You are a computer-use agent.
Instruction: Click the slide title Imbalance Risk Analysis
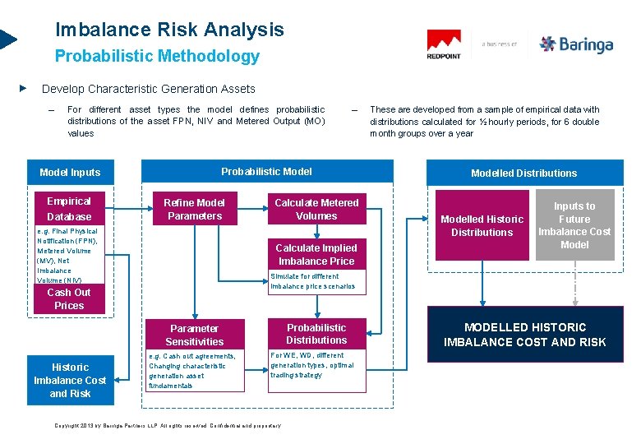169,30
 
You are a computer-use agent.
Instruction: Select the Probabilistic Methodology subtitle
157,57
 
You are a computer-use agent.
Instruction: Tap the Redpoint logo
444,44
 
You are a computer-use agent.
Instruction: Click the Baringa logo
576,44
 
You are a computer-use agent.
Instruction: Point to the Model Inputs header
70,172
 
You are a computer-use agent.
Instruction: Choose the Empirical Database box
69,209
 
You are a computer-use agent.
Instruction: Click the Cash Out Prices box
69,299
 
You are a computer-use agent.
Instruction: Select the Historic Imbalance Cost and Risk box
70,380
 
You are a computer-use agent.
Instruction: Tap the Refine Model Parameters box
194,209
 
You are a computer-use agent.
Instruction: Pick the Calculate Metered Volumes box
316,209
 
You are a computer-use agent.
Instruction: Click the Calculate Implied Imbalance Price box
316,254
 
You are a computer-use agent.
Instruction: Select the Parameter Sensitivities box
194,334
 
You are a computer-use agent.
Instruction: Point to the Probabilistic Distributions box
316,333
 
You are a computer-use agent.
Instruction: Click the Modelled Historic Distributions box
482,225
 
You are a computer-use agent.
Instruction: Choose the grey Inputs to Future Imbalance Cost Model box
574,225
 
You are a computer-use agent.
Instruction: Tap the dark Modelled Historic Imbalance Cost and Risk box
524,334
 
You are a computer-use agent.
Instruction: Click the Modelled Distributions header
523,173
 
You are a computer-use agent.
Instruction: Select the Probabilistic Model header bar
267,171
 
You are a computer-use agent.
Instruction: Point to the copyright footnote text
168,426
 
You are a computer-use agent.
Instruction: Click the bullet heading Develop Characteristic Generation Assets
148,89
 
